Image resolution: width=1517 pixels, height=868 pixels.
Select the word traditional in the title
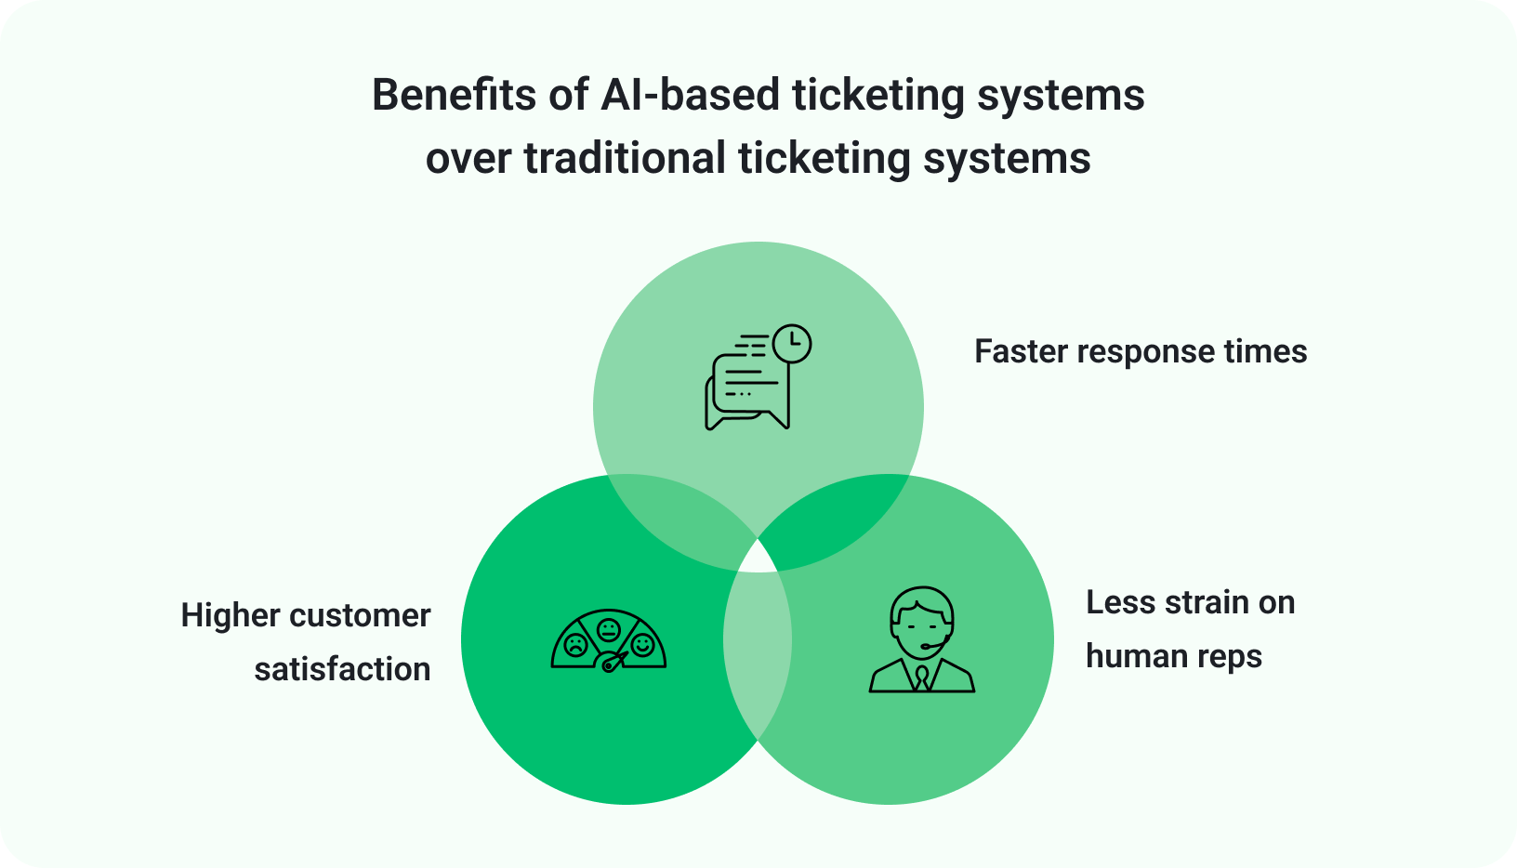pyautogui.click(x=624, y=159)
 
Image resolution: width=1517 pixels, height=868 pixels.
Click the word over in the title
pyautogui.click(x=468, y=159)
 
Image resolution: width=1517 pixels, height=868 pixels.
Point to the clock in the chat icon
pyautogui.click(x=792, y=343)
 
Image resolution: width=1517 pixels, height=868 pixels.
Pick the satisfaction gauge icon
pyautogui.click(x=609, y=640)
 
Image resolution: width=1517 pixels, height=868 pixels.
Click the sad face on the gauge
pyautogui.click(x=575, y=645)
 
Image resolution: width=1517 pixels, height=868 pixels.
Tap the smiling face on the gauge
pyautogui.click(x=642, y=644)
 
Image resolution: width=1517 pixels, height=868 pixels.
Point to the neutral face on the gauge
pyautogui.click(x=609, y=629)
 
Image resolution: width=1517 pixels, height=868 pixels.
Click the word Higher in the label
pyautogui.click(x=231, y=616)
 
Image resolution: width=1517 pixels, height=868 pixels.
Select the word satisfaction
pyautogui.click(x=342, y=670)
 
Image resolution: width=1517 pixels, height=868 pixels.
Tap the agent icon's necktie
pyautogui.click(x=921, y=677)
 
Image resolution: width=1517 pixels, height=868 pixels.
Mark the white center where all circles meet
pyautogui.click(x=758, y=559)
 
